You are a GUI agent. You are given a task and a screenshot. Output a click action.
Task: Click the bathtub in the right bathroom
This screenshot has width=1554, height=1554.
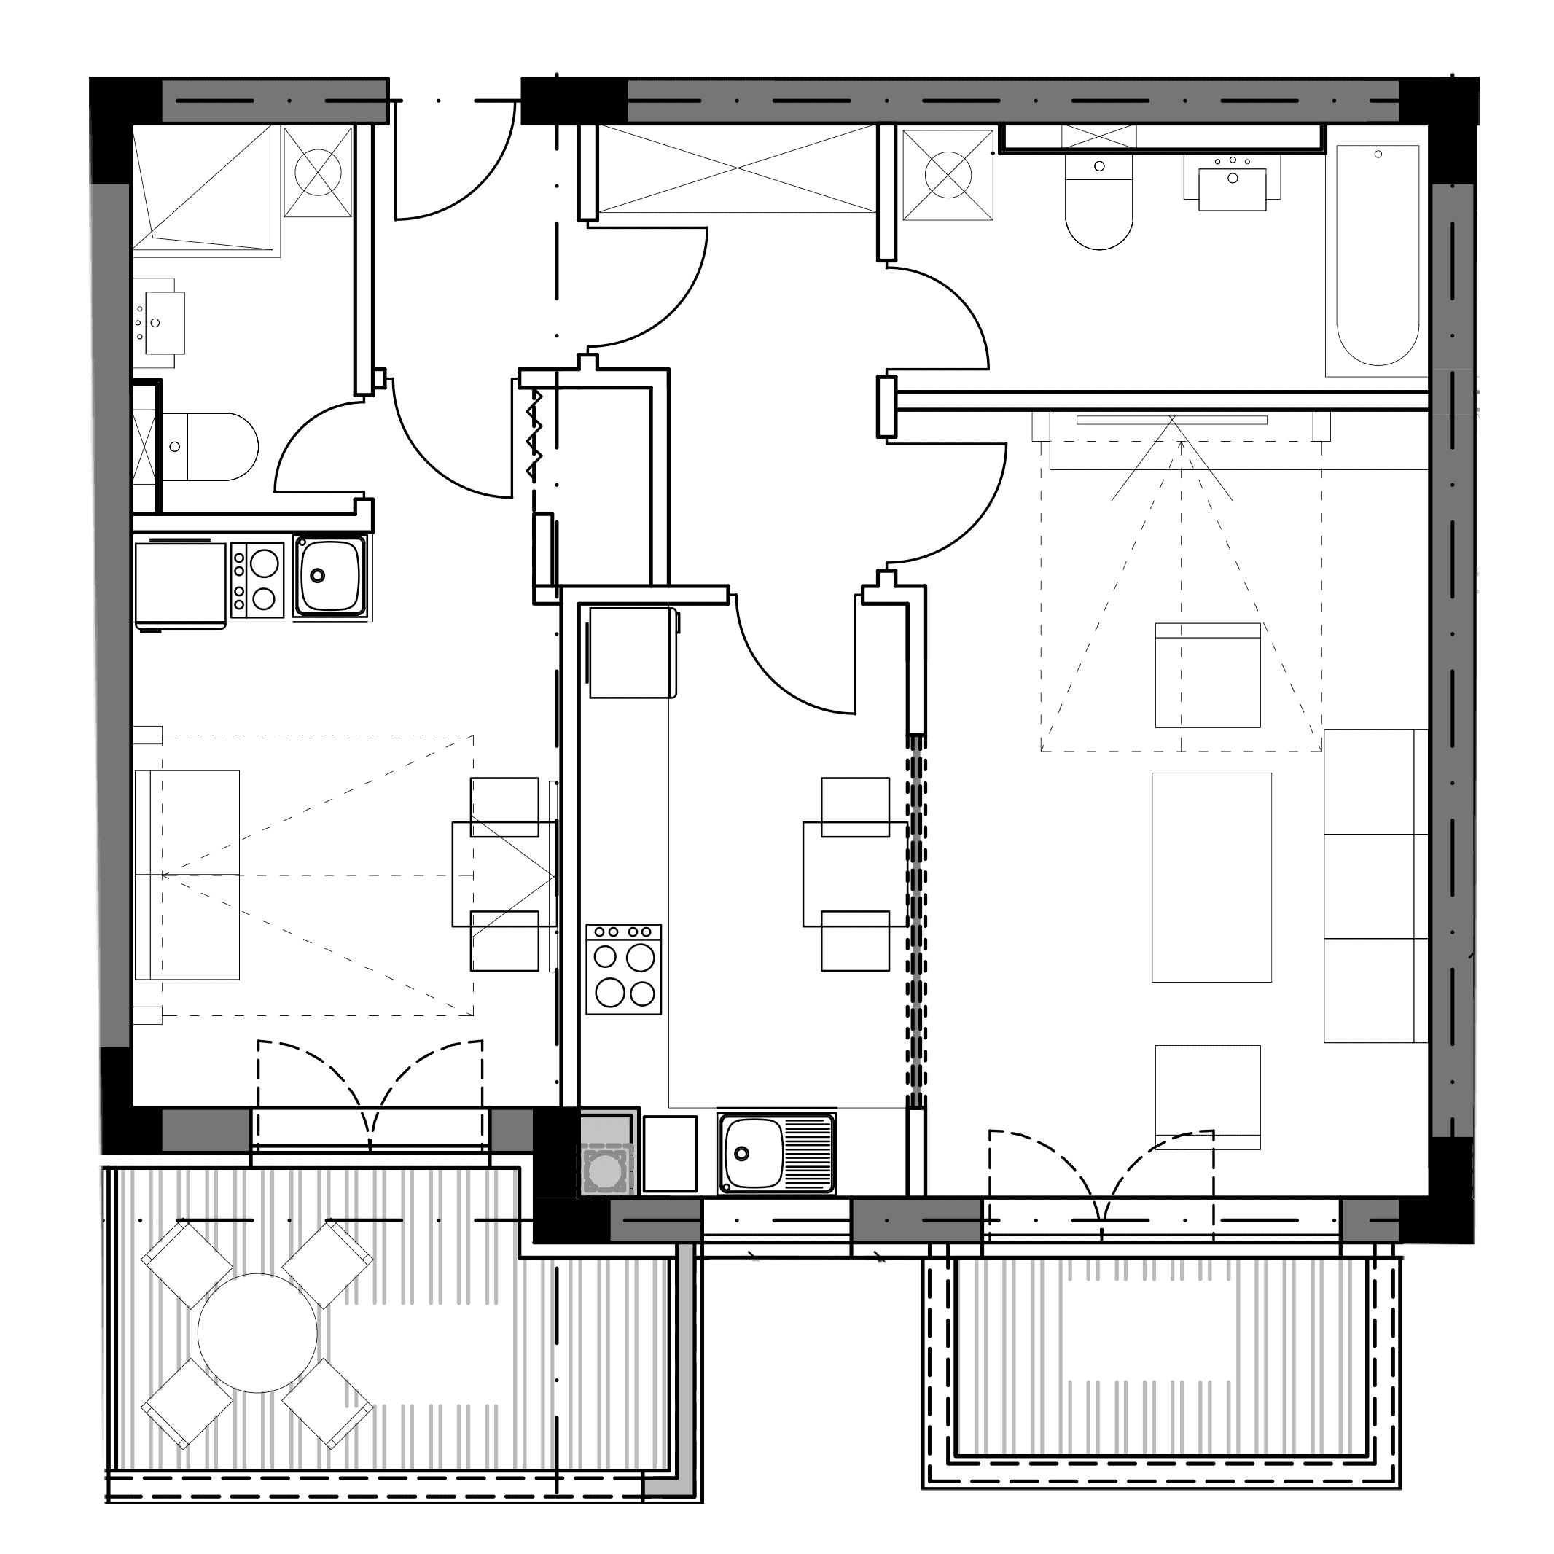click(1376, 256)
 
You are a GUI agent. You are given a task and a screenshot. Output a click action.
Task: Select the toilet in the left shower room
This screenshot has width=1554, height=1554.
click(211, 448)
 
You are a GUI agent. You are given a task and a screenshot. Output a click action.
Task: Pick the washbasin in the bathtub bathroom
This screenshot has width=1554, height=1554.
click(1231, 188)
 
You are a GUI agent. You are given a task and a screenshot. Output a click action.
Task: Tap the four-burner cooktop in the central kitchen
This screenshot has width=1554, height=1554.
click(623, 969)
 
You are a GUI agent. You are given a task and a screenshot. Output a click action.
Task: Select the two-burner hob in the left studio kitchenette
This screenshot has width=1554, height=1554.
click(257, 580)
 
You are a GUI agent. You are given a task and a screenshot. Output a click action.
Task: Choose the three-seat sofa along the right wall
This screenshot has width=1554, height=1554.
click(1375, 886)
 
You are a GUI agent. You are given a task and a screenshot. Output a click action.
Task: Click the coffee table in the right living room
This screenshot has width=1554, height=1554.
click(1211, 878)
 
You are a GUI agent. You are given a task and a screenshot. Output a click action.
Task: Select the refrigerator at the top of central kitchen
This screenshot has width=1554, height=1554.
click(632, 652)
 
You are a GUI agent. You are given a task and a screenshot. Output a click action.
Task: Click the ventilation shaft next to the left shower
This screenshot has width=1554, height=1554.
click(318, 171)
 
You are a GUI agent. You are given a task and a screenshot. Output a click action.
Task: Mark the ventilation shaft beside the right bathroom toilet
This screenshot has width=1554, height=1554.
click(948, 173)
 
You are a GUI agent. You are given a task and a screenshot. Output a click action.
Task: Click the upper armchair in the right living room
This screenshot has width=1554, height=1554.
click(1207, 676)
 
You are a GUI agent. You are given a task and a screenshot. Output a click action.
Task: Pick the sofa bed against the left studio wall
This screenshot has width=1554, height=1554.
click(187, 875)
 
